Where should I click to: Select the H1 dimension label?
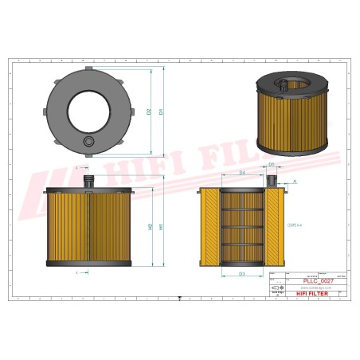click(162, 227)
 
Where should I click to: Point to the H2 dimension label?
click(150, 228)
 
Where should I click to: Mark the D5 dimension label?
click(272, 165)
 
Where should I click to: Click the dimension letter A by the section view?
click(295, 182)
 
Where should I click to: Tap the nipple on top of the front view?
click(88, 181)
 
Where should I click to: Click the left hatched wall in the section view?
click(209, 228)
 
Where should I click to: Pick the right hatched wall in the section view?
click(273, 228)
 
